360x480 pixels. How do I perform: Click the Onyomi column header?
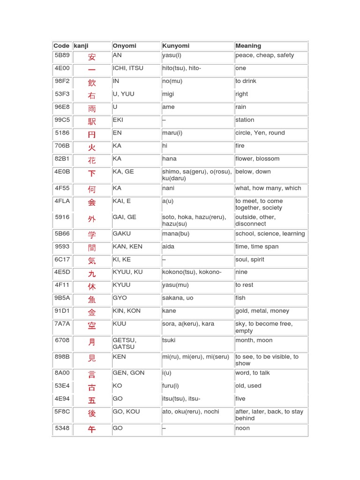click(125, 46)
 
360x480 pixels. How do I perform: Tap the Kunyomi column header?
click(176, 46)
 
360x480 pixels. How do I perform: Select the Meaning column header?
click(248, 46)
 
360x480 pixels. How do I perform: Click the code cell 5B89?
click(62, 55)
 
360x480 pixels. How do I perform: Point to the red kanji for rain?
click(92, 109)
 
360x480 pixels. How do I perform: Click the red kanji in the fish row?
click(92, 300)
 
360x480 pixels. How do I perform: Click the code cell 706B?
click(62, 146)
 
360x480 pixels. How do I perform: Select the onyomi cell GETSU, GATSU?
click(124, 344)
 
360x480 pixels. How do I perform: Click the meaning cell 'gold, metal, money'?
click(262, 311)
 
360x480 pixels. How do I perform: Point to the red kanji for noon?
click(92, 429)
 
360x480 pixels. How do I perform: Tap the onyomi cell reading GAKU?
click(122, 233)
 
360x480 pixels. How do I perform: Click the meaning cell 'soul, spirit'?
click(250, 259)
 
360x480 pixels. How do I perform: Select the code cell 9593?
click(62, 247)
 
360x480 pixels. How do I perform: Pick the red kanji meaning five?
click(92, 400)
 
